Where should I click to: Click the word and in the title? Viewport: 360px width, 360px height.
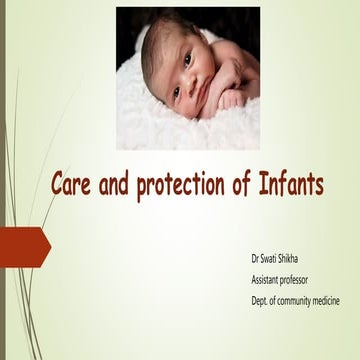click(x=111, y=187)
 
